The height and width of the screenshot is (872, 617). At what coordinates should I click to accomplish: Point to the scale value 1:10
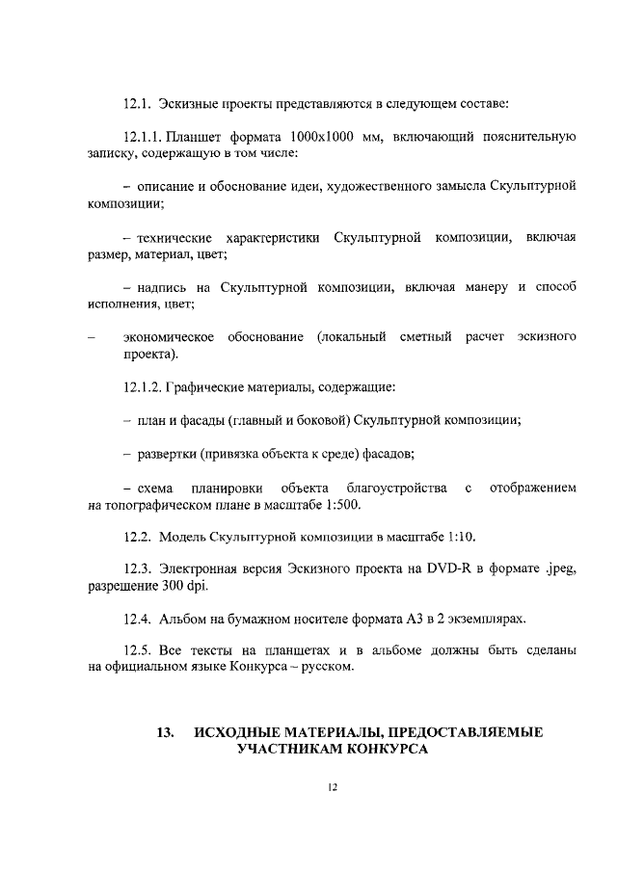459,536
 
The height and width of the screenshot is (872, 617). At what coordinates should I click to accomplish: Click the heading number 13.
165,732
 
